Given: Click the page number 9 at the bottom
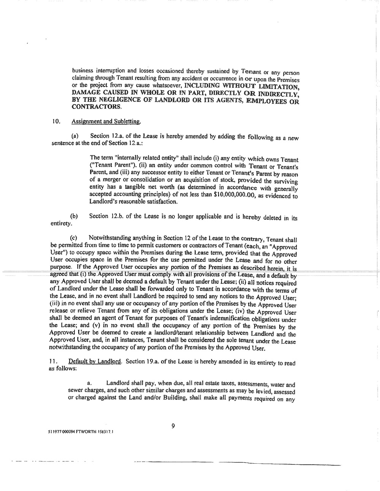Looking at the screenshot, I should pyautogui.click(x=173, y=426).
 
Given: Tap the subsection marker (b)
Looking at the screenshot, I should pyautogui.click(x=74, y=216).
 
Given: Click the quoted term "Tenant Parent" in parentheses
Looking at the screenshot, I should pyautogui.click(x=114, y=166).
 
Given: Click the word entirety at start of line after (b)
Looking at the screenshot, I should pyautogui.click(x=61, y=223).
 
